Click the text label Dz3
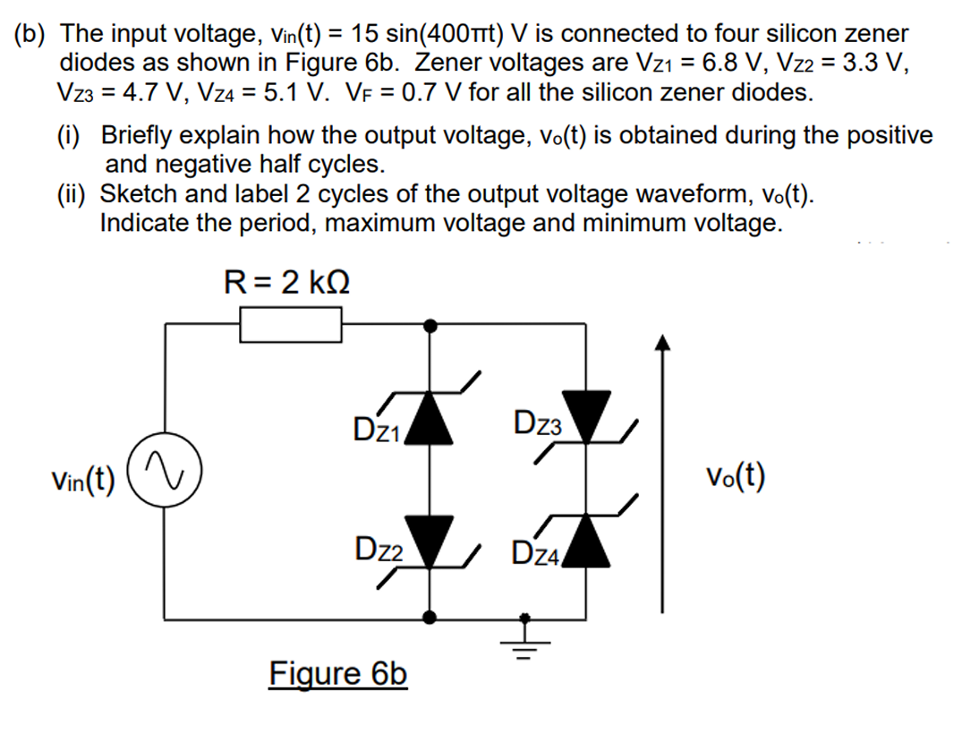539,422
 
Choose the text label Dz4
534,554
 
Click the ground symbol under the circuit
526,638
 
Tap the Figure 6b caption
338,673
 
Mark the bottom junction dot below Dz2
430,617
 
